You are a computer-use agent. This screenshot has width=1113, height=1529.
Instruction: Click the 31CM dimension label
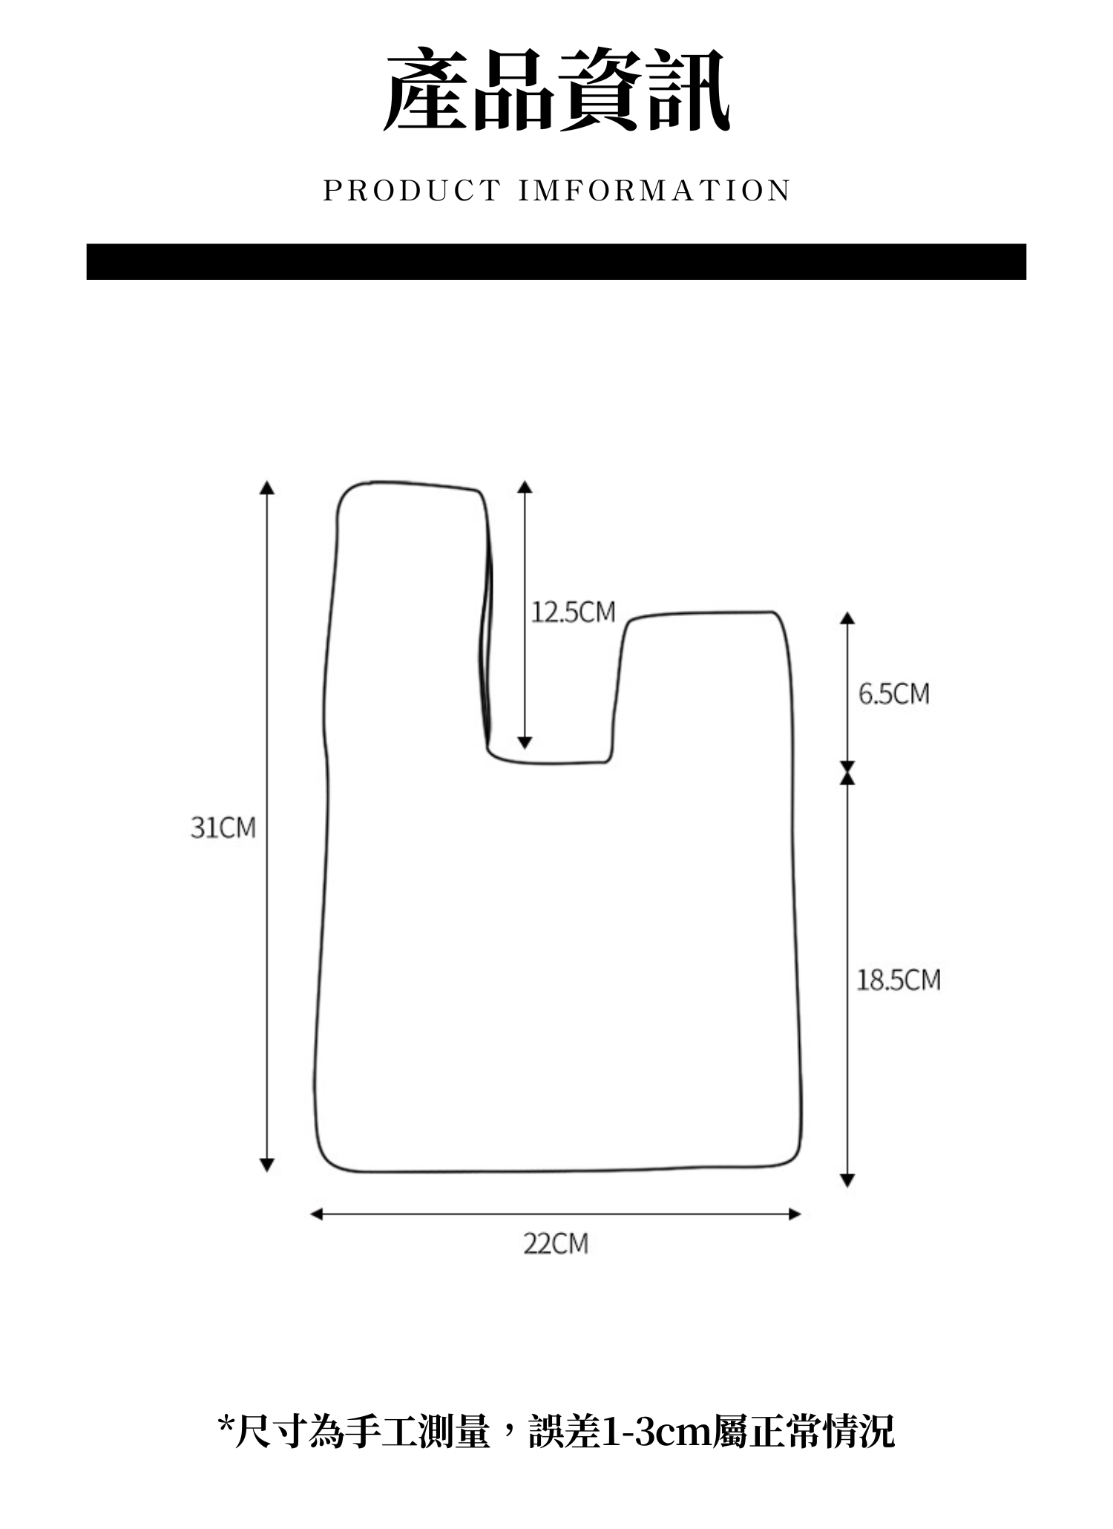(x=223, y=827)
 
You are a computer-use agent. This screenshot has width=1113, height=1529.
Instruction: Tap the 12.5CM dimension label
(x=573, y=612)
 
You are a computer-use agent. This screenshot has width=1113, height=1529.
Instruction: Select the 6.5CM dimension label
(x=893, y=694)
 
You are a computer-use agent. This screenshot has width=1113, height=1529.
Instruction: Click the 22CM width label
(x=555, y=1243)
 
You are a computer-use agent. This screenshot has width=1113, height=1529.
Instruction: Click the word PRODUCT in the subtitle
(x=412, y=191)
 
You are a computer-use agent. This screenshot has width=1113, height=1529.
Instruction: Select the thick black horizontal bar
(x=556, y=261)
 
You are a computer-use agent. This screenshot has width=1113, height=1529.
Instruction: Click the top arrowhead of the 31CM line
(x=267, y=487)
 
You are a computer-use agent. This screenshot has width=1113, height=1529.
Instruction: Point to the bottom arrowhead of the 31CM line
(x=267, y=1165)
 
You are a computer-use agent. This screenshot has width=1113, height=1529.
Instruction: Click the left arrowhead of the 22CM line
(x=317, y=1214)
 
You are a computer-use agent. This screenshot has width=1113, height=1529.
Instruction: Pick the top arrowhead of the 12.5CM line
(x=525, y=487)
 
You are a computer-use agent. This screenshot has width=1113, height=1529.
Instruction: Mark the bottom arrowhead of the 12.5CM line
(x=525, y=742)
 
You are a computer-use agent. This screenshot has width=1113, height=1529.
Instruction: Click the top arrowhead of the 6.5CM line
(x=847, y=618)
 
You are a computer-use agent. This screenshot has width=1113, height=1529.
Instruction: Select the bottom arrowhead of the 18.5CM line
(x=847, y=1180)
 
